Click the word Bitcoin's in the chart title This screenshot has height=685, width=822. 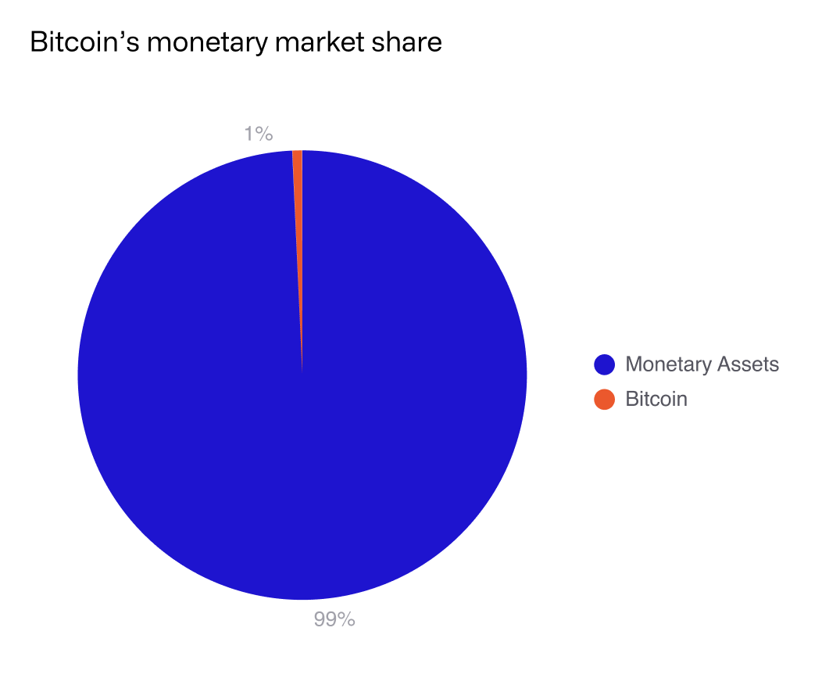[84, 42]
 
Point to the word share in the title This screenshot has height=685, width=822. [413, 42]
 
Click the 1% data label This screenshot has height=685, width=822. [258, 134]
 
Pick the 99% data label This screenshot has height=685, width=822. [334, 619]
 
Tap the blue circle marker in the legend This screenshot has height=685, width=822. [605, 364]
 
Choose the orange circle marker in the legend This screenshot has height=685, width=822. [605, 399]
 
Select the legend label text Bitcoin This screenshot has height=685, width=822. [656, 399]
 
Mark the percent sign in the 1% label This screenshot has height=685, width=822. [265, 134]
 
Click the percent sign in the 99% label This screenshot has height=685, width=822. [347, 619]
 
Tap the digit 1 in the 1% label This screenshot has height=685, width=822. [249, 134]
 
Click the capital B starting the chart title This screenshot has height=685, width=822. [37, 42]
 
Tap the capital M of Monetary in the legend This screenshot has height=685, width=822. [634, 364]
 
